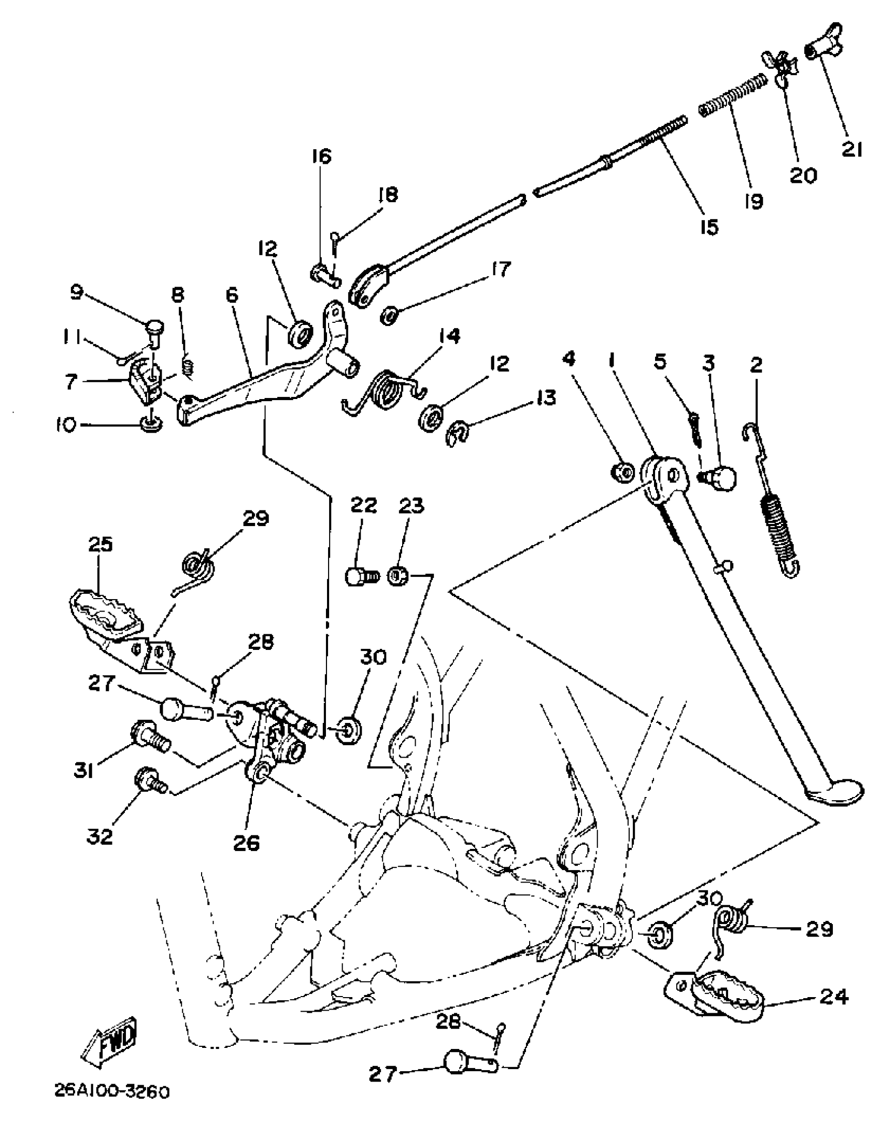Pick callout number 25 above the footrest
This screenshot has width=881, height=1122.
click(101, 545)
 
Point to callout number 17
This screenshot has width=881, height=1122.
click(499, 269)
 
